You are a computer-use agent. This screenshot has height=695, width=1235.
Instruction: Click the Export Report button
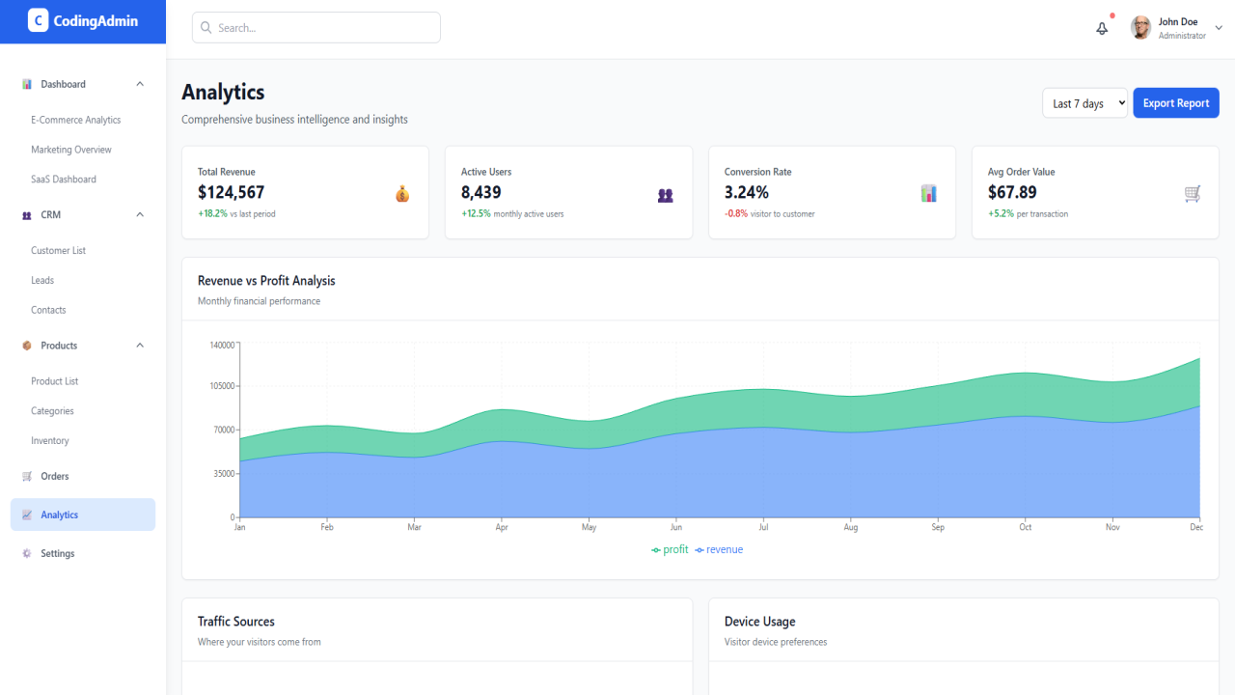1175,103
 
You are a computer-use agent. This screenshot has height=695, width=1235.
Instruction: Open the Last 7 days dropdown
1084,103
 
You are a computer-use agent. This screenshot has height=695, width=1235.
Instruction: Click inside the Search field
316,28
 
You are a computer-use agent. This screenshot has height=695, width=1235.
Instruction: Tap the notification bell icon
1102,28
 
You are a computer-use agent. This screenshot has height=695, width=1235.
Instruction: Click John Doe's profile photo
1140,28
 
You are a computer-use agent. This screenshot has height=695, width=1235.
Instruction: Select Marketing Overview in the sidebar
71,150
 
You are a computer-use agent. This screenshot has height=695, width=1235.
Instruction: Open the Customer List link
59,250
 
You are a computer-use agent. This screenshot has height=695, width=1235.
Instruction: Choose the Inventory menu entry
49,441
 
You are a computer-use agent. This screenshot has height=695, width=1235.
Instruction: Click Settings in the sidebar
57,553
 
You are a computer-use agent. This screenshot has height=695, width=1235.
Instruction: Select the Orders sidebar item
55,476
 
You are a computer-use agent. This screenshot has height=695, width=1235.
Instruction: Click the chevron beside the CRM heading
140,214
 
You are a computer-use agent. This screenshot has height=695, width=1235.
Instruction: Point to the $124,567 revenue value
231,192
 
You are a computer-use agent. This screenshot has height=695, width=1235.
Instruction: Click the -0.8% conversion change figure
736,213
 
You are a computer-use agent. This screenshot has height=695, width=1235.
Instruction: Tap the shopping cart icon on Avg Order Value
1192,194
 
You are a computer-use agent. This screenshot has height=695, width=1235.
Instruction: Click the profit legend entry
670,549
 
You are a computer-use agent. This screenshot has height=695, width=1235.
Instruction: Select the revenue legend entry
719,549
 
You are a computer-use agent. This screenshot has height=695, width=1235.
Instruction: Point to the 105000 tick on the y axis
222,386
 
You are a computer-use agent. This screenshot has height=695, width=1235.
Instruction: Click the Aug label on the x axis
851,527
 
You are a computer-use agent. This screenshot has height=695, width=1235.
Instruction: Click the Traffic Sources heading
236,622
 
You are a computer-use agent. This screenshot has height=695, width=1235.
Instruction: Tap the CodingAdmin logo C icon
38,21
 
